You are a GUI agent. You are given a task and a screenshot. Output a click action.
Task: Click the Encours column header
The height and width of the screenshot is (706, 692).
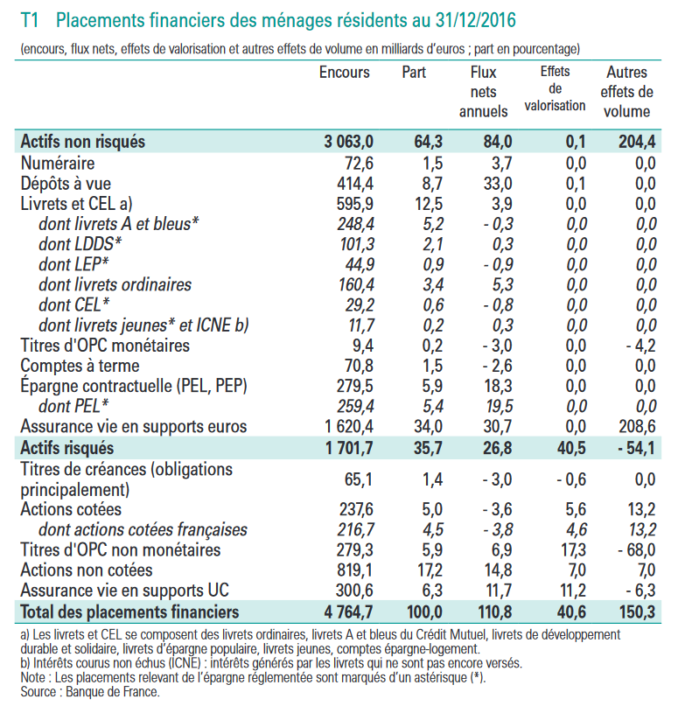coord(345,73)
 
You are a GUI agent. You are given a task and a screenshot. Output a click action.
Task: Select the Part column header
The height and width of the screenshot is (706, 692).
coord(414,73)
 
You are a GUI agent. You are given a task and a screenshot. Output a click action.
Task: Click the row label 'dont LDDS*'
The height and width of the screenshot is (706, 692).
coord(80,244)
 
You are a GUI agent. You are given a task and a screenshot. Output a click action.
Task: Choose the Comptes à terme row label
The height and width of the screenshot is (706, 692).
coord(80,366)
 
